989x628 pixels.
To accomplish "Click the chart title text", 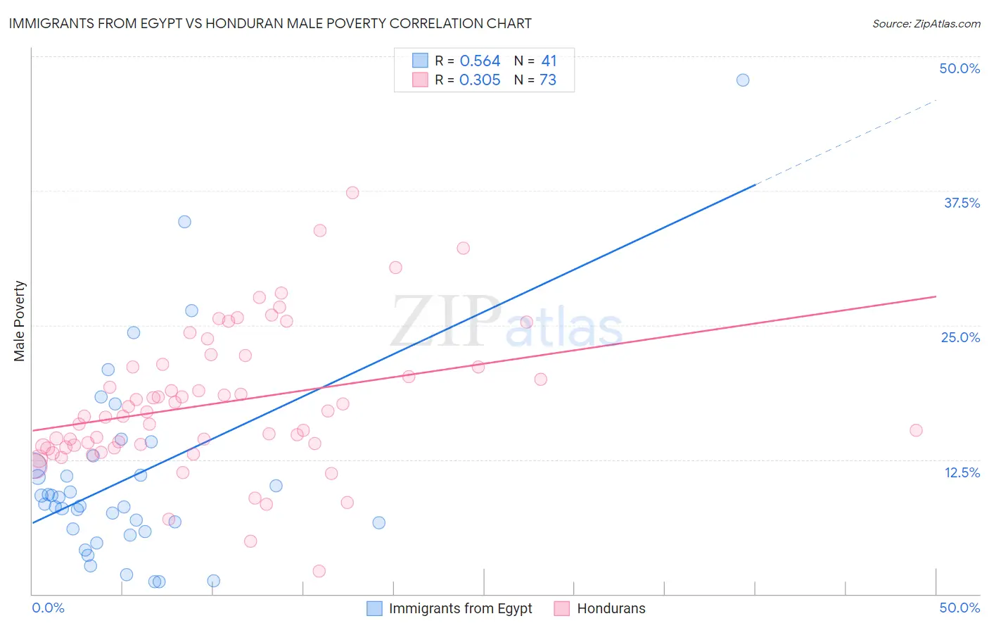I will coord(270,23).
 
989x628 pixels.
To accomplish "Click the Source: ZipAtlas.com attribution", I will coord(926,23).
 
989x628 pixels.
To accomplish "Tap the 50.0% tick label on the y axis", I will coord(959,68).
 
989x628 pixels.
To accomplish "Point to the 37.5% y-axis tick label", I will coord(962,203).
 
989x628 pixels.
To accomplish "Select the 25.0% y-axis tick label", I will coord(960,337).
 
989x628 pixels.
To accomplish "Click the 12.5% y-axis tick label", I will coord(962,472).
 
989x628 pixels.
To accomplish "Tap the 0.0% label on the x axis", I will coord(49,608).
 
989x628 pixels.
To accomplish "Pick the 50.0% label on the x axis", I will coord(959,608).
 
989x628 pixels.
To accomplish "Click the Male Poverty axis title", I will coord(20,321).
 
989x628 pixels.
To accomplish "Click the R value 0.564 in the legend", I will coord(480,61).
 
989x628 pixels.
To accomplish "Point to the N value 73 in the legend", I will coord(548,80).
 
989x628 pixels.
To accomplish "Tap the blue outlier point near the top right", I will coord(743,80).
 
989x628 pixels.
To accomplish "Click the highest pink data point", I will coord(352,193).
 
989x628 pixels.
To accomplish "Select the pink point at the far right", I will coord(916,430).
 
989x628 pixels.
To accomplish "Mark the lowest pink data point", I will coord(319,571).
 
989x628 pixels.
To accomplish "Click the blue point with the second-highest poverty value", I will coord(184,222).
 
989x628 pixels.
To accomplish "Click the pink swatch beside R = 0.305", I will coord(420,80).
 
